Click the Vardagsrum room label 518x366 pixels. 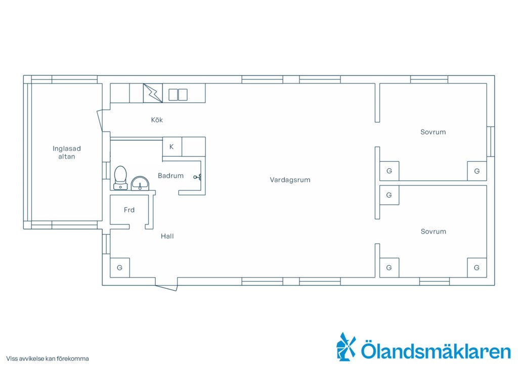290,180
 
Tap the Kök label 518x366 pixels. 157,120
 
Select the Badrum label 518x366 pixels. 170,175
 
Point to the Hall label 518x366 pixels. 167,236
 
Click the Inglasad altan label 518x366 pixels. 67,153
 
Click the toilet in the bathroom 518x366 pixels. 120,177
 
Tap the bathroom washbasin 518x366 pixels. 140,184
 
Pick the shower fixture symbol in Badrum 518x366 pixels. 198,177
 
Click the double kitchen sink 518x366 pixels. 178,95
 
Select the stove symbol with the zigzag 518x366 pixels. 153,93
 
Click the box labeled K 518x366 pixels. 172,147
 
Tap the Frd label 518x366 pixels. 129,210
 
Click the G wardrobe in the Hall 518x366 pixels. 119,267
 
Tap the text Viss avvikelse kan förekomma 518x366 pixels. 48,358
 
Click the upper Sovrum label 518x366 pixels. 433,132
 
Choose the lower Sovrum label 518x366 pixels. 434,232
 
